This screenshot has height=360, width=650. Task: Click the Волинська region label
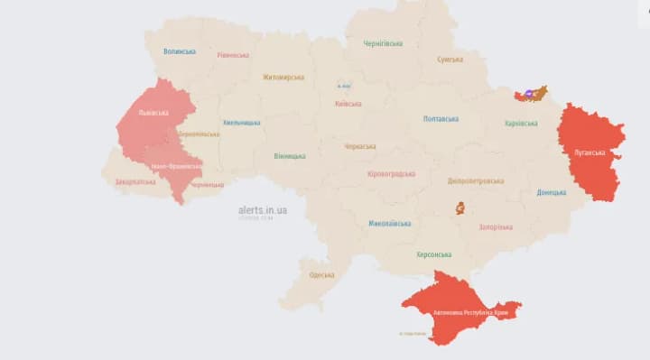[x=180, y=52]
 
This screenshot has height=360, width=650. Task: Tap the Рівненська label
[x=233, y=55]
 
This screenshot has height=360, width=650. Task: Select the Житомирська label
[x=283, y=78]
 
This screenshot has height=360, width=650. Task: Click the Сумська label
[x=450, y=60]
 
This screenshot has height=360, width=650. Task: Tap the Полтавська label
[x=441, y=119]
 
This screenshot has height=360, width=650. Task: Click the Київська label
[x=348, y=104]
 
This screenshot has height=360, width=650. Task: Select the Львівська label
[x=153, y=114]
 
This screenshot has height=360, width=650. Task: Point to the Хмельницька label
[x=242, y=123]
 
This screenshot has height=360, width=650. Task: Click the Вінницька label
[x=290, y=156]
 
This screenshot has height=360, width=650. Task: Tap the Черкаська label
[x=360, y=146]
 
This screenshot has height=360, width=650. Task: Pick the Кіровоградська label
[x=392, y=173]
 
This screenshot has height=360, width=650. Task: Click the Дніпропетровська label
[x=476, y=180]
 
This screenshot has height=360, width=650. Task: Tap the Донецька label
[x=552, y=192]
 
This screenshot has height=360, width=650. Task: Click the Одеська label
[x=321, y=275]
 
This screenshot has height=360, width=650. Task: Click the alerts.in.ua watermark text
[x=257, y=209]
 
